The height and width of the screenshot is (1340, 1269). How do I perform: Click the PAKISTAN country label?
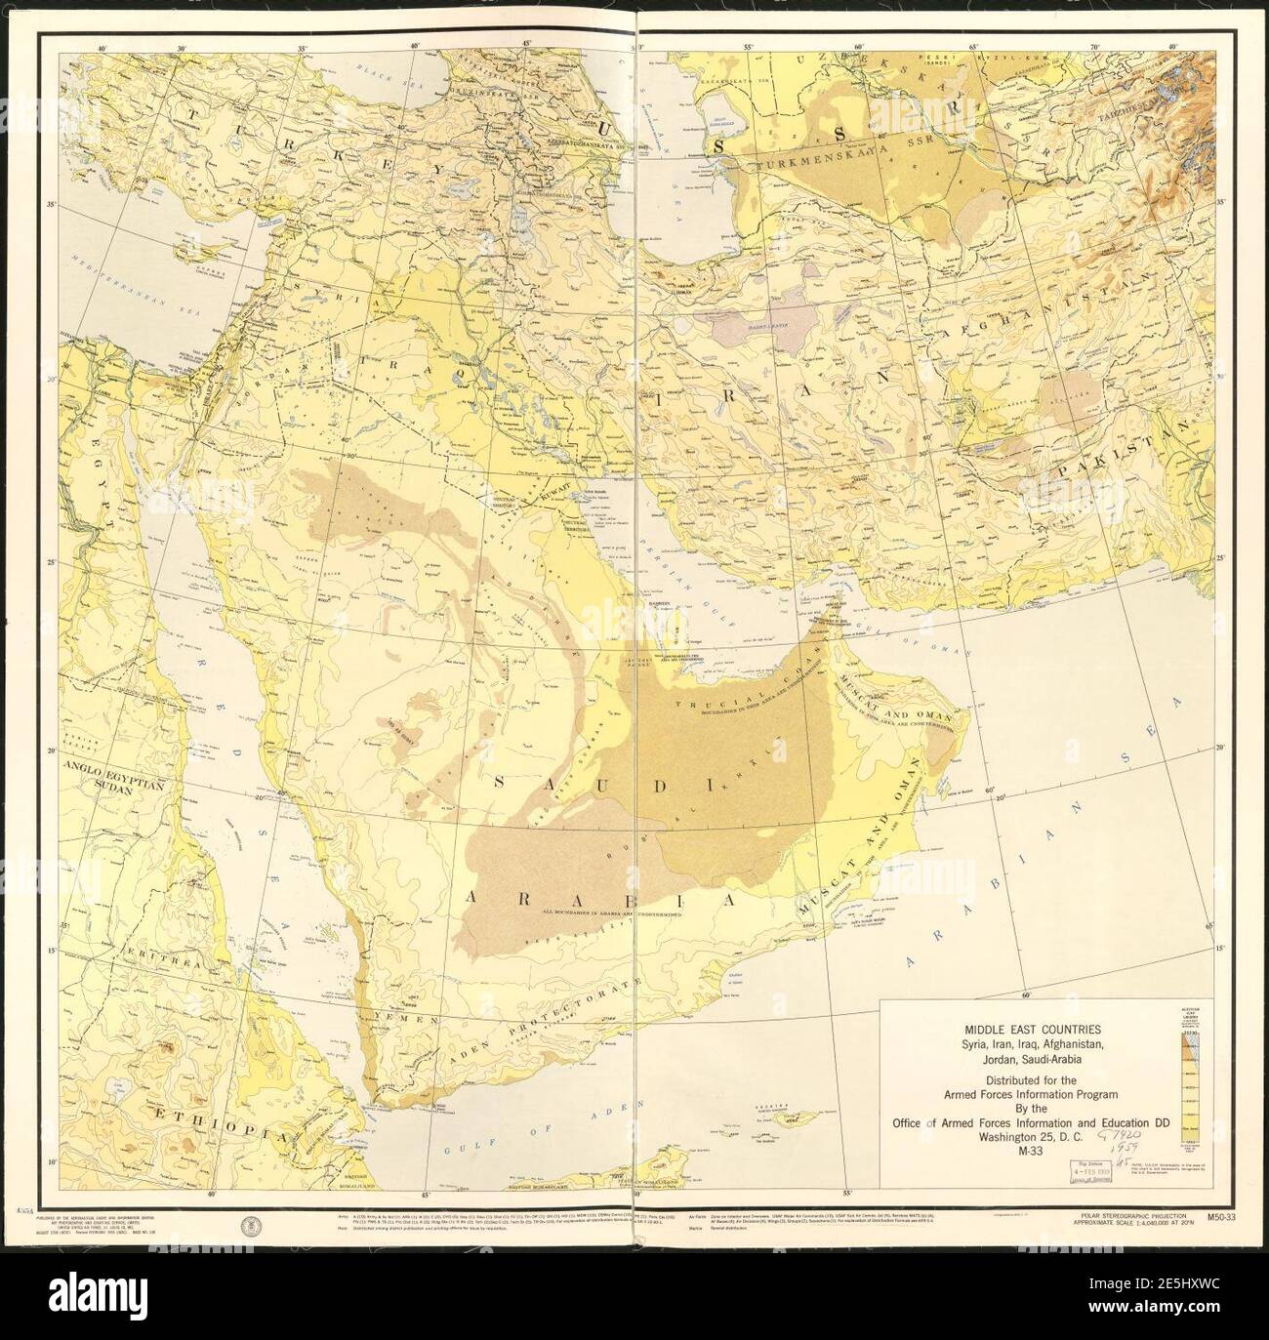point(1129,458)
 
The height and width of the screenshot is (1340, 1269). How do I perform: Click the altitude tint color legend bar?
point(1191,1078)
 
